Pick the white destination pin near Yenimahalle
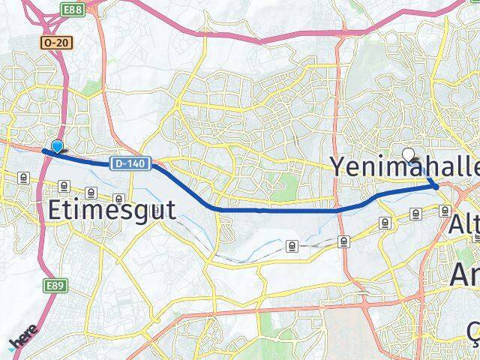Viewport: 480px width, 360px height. (409, 154)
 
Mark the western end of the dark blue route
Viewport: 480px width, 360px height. (44, 151)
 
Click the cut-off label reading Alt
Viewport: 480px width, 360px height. (465, 223)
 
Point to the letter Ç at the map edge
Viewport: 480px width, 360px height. (473, 330)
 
